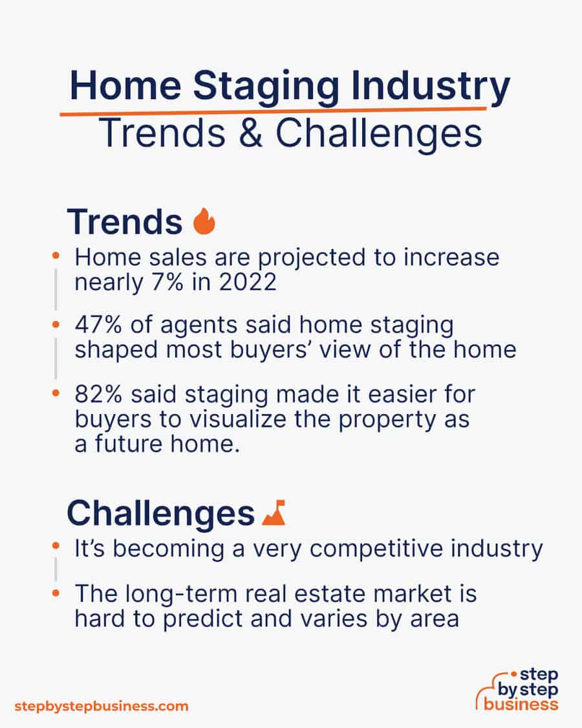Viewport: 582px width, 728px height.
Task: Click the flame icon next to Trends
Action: click(204, 221)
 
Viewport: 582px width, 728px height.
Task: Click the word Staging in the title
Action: click(266, 87)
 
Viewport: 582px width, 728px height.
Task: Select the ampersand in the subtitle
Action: click(251, 133)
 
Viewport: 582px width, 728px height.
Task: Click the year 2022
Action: click(248, 282)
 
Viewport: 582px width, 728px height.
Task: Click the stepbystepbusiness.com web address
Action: click(102, 707)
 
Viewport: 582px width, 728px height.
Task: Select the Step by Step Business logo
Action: click(517, 689)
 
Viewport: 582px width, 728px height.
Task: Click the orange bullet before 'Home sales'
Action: click(56, 256)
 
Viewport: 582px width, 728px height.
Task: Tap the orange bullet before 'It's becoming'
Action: click(56, 546)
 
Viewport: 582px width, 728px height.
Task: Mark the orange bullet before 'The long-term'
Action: click(56, 593)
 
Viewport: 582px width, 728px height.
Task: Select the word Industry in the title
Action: click(430, 87)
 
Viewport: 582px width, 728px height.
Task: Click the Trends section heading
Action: click(125, 221)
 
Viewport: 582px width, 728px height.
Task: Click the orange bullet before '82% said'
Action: click(56, 393)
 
